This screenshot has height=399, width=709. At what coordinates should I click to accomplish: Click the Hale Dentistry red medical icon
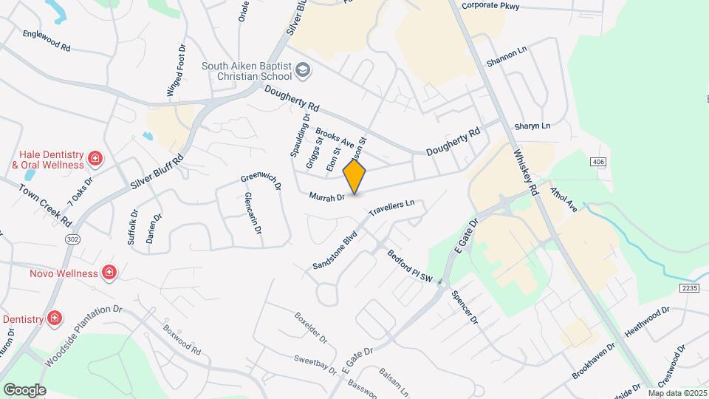[x=95, y=159]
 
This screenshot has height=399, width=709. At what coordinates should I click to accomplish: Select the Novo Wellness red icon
[x=109, y=273]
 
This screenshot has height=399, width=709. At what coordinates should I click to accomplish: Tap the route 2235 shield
[x=689, y=287]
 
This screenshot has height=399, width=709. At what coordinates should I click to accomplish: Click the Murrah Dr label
[x=328, y=197]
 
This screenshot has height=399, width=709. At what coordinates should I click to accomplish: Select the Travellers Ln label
[x=393, y=208]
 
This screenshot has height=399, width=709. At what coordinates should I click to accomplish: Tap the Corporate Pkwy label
[x=490, y=6]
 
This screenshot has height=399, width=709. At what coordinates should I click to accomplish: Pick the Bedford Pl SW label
[x=409, y=265]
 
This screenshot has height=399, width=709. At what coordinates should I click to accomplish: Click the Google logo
[x=24, y=389]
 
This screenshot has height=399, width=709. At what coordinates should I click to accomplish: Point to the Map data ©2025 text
[x=677, y=393]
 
